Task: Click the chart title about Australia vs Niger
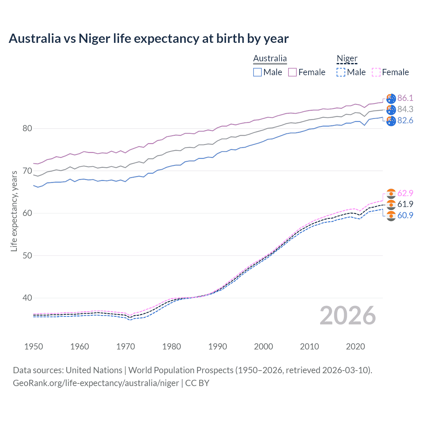[148, 39]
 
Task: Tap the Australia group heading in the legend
[270, 58]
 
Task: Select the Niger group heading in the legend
[347, 58]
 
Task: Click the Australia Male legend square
[257, 72]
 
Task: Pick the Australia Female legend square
[292, 72]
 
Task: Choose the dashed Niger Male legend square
[341, 72]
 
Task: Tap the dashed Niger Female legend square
[376, 72]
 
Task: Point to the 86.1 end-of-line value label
[405, 98]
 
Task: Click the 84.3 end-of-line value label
[405, 109]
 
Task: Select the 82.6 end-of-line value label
[405, 120]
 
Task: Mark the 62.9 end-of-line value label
[405, 193]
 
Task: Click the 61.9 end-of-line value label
[405, 204]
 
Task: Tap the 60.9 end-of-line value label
[405, 215]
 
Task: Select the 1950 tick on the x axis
[34, 347]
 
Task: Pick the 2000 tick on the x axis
[263, 347]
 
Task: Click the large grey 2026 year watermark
[347, 316]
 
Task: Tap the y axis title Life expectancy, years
[14, 211]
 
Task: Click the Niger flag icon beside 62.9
[391, 194]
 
